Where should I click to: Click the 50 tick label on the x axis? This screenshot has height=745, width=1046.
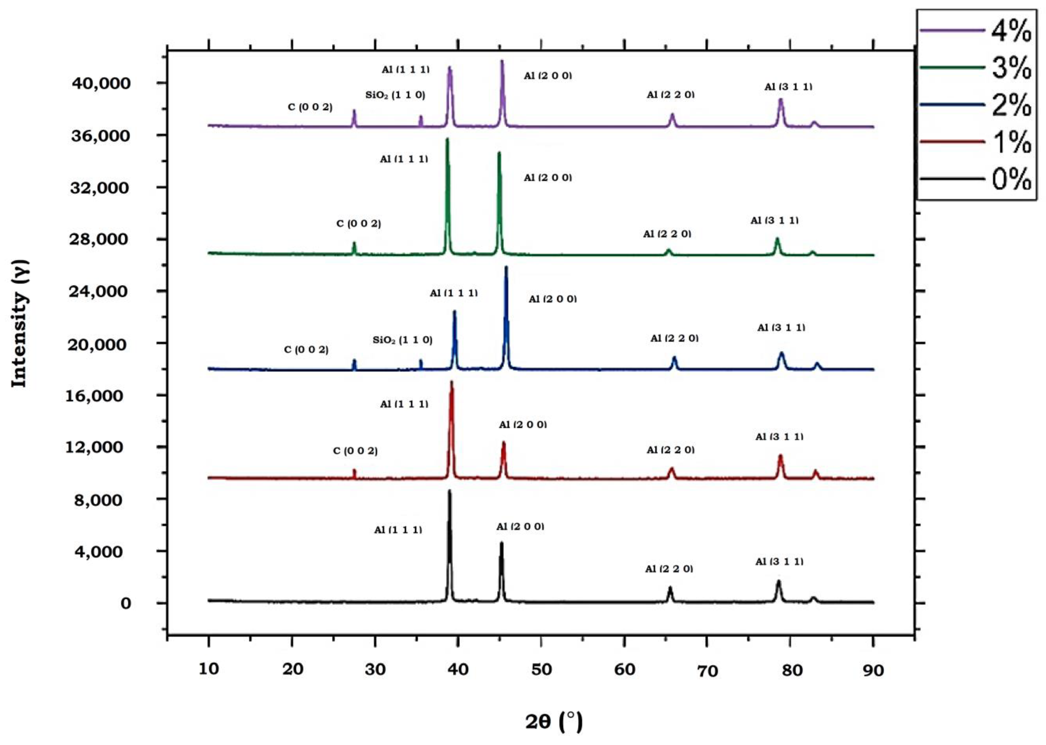point(542,670)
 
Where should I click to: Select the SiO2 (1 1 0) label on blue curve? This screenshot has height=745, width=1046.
point(402,340)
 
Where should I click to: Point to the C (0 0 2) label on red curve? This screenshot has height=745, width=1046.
point(355,451)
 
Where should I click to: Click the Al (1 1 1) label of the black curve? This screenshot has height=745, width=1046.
point(398,530)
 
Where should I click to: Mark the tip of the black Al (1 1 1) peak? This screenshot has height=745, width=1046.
point(449,491)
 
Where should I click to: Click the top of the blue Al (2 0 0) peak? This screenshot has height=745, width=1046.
point(506,267)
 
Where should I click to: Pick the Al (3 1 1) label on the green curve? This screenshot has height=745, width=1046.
point(774,221)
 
